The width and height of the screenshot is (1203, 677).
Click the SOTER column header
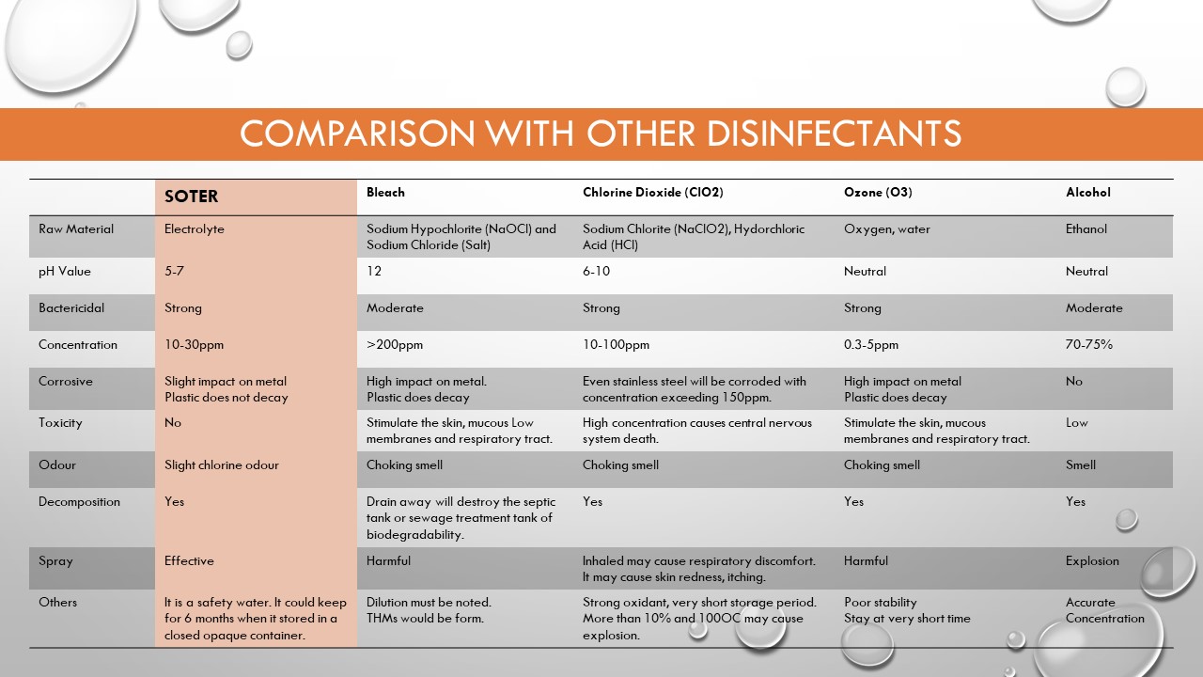click(191, 197)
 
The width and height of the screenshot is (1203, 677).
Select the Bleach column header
click(385, 193)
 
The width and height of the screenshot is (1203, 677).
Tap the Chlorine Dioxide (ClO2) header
click(652, 193)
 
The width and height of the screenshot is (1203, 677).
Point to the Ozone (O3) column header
click(878, 193)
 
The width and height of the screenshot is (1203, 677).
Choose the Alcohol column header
click(1087, 193)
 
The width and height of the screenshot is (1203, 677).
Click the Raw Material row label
click(76, 229)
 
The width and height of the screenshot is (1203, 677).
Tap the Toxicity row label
click(61, 423)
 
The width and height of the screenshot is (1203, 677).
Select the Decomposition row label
click(79, 502)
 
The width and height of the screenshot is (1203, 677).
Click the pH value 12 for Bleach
click(374, 272)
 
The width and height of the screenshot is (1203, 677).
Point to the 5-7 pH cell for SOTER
click(176, 272)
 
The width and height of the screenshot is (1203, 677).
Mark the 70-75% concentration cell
click(1088, 345)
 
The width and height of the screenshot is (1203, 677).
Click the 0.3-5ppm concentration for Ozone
click(870, 345)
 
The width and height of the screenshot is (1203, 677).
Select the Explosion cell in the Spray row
click(1092, 561)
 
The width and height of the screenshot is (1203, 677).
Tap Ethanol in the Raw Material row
click(1086, 229)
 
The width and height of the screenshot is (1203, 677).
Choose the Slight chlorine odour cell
click(221, 465)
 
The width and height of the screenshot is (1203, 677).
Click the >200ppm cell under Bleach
click(395, 345)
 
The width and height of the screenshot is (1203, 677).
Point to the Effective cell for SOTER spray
click(189, 561)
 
